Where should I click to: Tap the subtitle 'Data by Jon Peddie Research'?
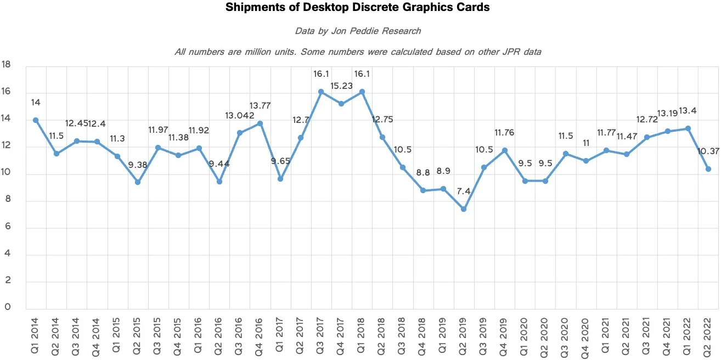pos(358,31)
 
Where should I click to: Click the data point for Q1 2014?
pos(36,120)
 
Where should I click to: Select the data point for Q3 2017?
pos(321,92)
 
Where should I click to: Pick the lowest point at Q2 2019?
pos(464,209)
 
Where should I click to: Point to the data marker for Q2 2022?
pos(708,169)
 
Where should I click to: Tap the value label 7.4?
pos(464,192)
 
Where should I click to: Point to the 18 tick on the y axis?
pos(7,65)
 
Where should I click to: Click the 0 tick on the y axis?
pos(8,307)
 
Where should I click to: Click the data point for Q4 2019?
pos(504,150)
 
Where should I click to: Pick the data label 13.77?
pos(260,106)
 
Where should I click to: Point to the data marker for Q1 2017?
pos(280,179)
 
